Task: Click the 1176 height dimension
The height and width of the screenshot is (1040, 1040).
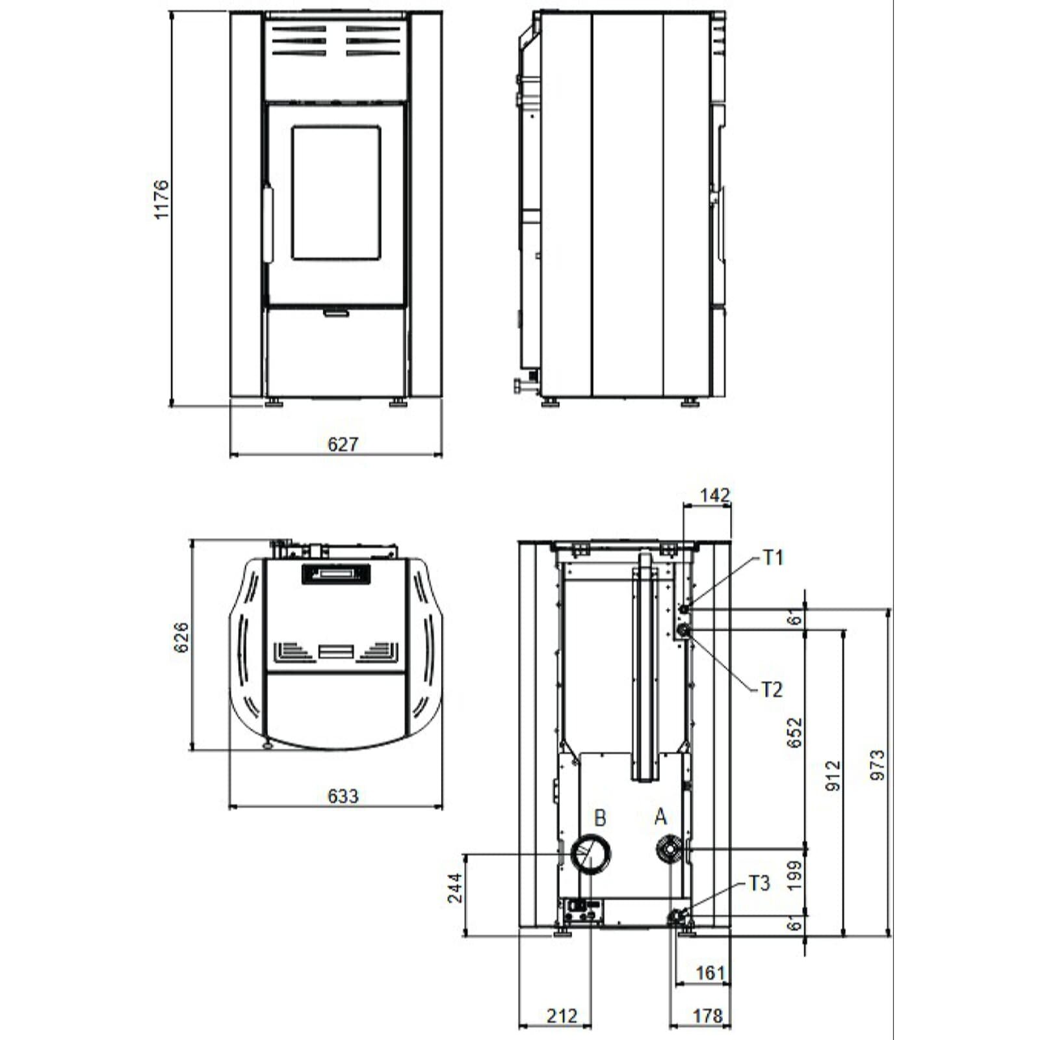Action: tap(161, 200)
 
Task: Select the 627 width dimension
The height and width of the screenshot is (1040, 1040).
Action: tap(343, 444)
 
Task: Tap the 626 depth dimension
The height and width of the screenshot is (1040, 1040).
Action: tap(181, 637)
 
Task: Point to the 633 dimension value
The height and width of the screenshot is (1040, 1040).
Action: tap(343, 796)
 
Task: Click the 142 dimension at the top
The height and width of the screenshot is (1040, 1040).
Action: tap(714, 496)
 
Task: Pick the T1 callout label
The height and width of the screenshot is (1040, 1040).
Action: tap(773, 558)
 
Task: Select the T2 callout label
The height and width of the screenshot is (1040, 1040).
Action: tap(772, 690)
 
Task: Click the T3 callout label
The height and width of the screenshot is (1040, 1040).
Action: tap(759, 883)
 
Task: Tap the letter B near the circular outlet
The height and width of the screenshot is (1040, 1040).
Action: tap(600, 818)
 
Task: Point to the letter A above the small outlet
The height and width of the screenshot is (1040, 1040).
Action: tap(660, 816)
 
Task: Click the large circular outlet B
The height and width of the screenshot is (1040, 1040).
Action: tap(591, 854)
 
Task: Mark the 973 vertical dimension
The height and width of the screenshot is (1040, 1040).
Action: tap(877, 764)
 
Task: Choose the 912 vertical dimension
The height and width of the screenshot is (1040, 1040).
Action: tap(833, 775)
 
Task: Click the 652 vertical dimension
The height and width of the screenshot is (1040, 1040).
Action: tap(794, 733)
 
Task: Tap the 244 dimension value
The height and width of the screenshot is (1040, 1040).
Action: tap(455, 888)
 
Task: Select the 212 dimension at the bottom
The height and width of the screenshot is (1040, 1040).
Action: tap(562, 1015)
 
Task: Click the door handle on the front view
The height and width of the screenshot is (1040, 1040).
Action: tap(267, 224)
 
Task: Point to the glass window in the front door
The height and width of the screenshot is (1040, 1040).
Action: tap(336, 193)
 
